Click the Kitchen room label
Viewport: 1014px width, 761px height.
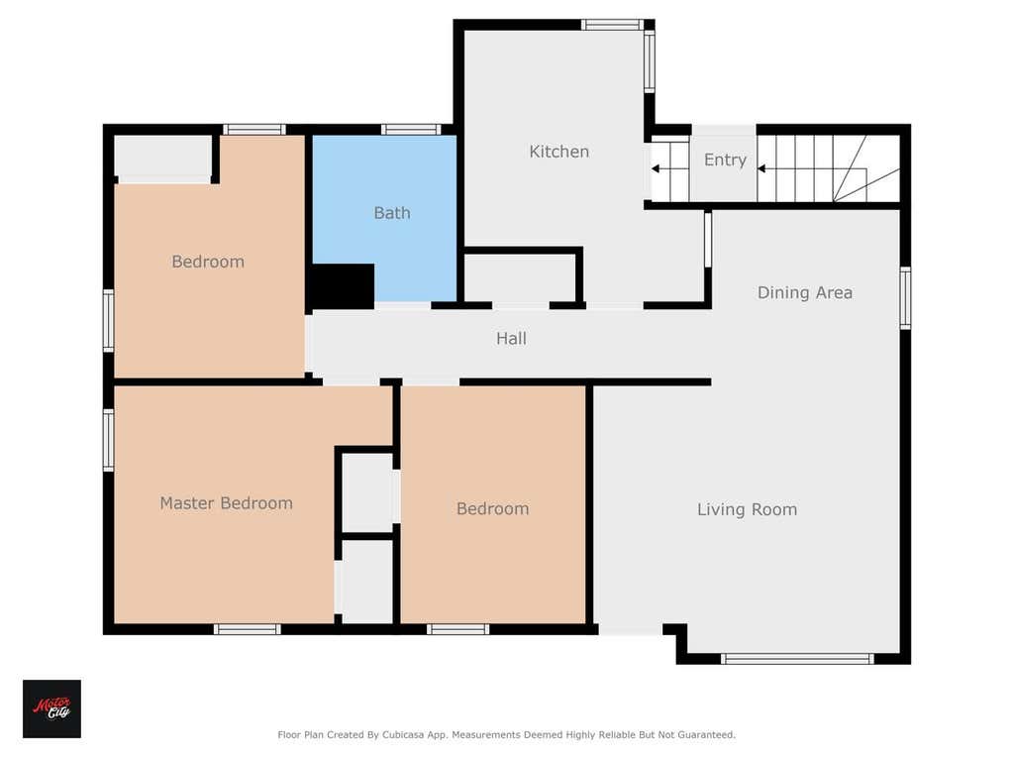pos(558,152)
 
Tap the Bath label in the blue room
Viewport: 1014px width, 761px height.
pos(392,213)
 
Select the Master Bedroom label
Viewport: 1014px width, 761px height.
pos(227,502)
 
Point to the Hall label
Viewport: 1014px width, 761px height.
pos(511,338)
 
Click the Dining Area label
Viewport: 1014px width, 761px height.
pos(804,292)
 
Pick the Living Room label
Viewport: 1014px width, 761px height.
pos(747,509)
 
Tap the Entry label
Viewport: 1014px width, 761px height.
pos(725,160)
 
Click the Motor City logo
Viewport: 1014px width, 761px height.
pos(51,708)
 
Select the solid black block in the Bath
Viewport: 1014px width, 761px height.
pos(343,286)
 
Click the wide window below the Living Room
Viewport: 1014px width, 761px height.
pos(797,659)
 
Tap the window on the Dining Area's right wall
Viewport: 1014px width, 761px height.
pos(905,297)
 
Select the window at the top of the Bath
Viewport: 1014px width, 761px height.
pos(411,130)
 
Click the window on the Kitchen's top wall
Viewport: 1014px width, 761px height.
pos(611,25)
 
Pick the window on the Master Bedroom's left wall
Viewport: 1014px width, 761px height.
pos(109,439)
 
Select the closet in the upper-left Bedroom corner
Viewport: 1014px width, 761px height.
pos(163,159)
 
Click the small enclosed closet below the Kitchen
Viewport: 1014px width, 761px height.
pos(520,278)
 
